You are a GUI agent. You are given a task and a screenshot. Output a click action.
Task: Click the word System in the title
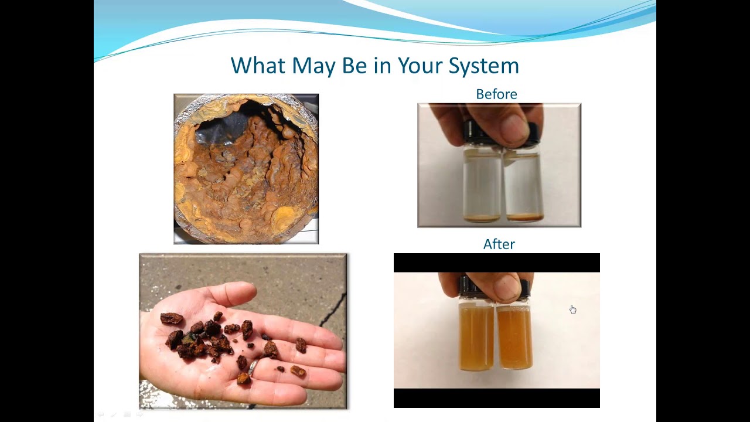click(x=483, y=66)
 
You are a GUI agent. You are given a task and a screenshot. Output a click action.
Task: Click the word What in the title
click(x=258, y=66)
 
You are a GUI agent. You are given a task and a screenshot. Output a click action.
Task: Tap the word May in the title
click(x=315, y=66)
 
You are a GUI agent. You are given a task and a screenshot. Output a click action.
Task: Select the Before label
click(x=496, y=94)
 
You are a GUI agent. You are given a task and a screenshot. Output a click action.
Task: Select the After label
click(x=499, y=244)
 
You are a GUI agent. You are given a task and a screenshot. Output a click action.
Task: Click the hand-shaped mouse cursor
click(x=572, y=309)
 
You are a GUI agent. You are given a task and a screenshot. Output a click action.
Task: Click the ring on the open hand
click(x=253, y=367)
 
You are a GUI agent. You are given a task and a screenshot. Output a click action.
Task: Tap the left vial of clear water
click(x=482, y=185)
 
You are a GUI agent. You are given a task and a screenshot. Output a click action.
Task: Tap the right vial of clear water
click(x=523, y=185)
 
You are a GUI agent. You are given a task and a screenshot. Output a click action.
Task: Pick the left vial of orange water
click(x=476, y=337)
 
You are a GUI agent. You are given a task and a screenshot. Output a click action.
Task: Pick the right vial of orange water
click(x=514, y=337)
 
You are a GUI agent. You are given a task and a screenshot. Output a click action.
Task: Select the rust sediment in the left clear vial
click(x=482, y=218)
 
